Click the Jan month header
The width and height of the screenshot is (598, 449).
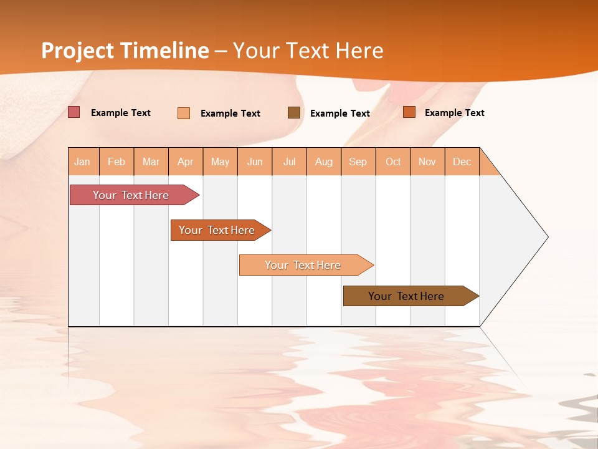pyautogui.click(x=83, y=162)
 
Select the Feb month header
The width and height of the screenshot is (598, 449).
pyautogui.click(x=116, y=162)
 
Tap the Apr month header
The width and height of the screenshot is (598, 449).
pyautogui.click(x=186, y=162)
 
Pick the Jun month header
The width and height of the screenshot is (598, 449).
pyautogui.click(x=255, y=162)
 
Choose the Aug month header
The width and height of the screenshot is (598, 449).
pyautogui.click(x=324, y=162)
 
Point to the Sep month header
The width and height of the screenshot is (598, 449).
pyautogui.click(x=358, y=162)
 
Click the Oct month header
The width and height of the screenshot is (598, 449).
pyautogui.click(x=393, y=162)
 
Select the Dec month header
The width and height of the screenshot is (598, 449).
pyautogui.click(x=462, y=162)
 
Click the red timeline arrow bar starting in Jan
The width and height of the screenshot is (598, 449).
pyautogui.click(x=131, y=195)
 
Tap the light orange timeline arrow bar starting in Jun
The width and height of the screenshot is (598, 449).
pyautogui.click(x=303, y=265)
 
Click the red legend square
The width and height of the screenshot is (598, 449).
pyautogui.click(x=74, y=112)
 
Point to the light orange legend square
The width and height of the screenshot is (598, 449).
pyautogui.click(x=184, y=113)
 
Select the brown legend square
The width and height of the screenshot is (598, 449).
pyautogui.click(x=294, y=112)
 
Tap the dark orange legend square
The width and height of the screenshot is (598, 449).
pyautogui.click(x=409, y=112)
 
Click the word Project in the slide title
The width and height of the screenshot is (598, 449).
pyautogui.click(x=77, y=51)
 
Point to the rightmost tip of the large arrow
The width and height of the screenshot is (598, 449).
pyautogui.click(x=547, y=237)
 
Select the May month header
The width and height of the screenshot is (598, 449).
pyautogui.click(x=220, y=162)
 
